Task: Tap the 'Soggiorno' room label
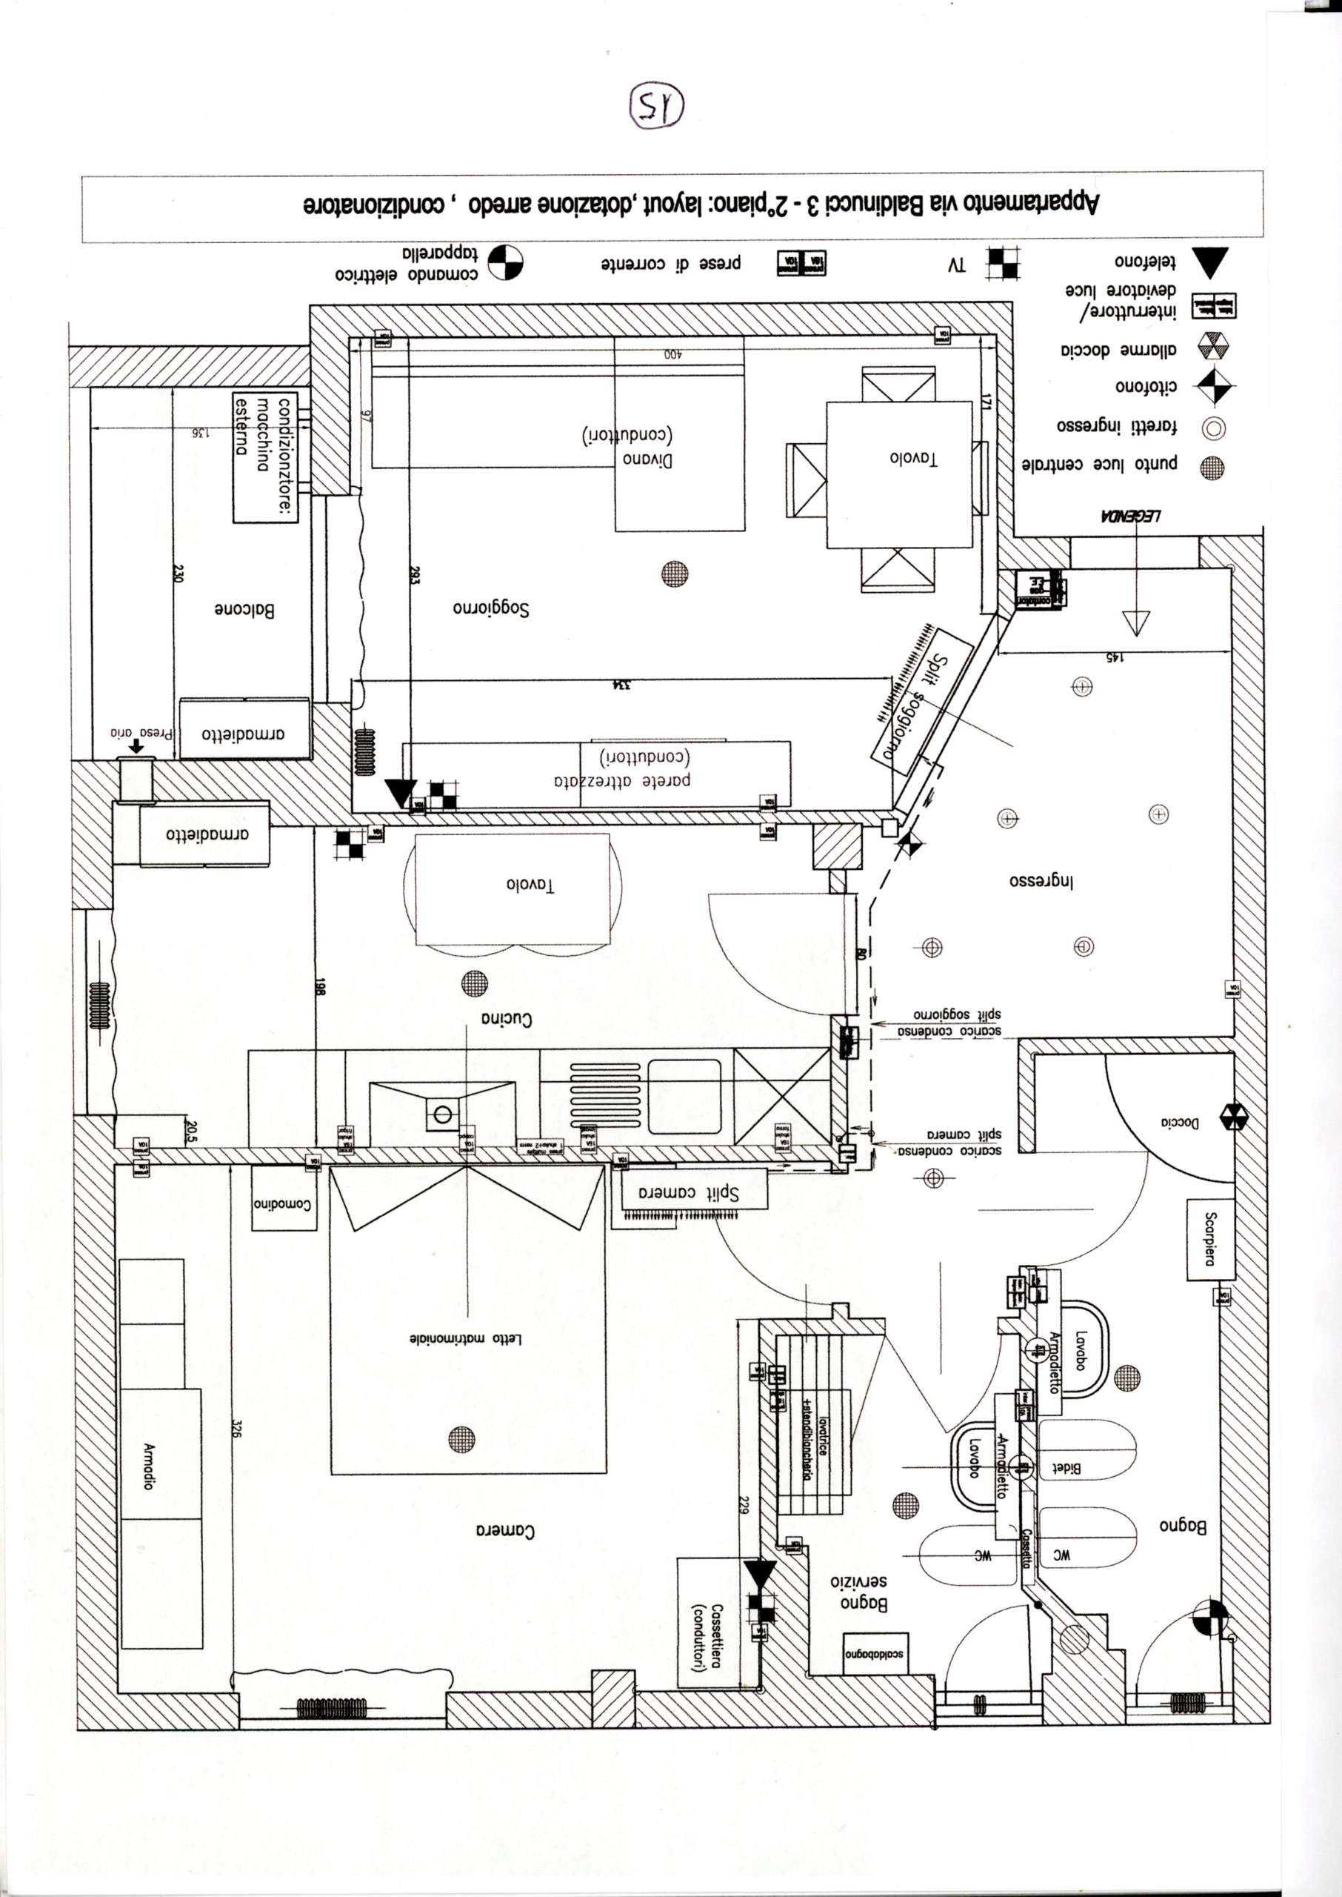(491, 609)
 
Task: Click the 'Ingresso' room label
(1042, 880)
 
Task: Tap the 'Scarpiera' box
(1211, 1238)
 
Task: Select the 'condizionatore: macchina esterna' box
(264, 457)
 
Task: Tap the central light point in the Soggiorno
(675, 574)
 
